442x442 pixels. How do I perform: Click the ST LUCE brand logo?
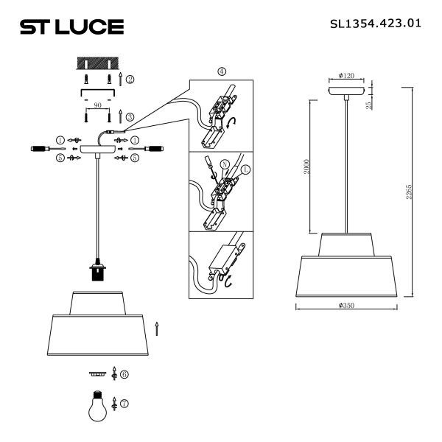[71, 27]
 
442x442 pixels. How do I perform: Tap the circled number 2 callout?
[130, 79]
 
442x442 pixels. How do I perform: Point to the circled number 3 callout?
[130, 116]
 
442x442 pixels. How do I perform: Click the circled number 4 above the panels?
[222, 71]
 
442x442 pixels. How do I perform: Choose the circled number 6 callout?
[124, 374]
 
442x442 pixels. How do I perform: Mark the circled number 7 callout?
[124, 404]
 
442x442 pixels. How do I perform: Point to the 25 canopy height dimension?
[369, 103]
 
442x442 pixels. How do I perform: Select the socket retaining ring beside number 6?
[97, 373]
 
